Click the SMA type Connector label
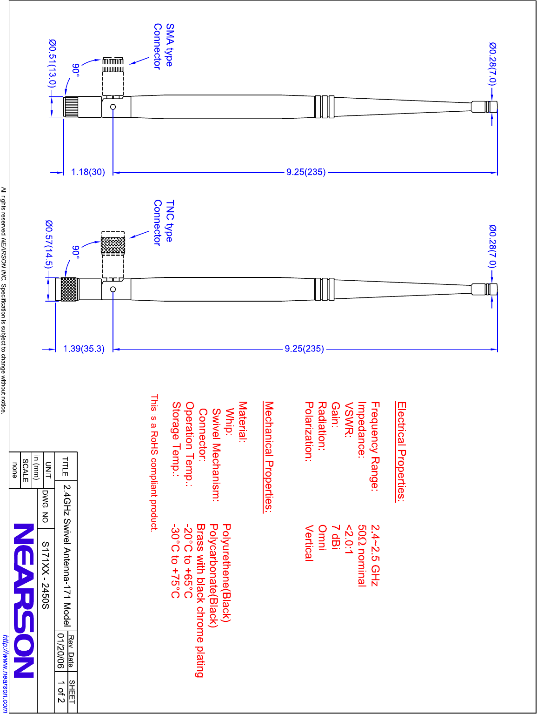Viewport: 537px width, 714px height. point(163,46)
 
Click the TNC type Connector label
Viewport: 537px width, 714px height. point(163,222)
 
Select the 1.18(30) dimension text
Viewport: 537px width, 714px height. point(88,172)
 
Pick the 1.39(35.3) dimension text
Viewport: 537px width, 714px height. point(84,349)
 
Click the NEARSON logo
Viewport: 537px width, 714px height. point(24,600)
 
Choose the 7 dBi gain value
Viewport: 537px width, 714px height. point(335,537)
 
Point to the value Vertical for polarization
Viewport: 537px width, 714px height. point(309,543)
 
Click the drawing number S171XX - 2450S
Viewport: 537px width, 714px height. point(45,575)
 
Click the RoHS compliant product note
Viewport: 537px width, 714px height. point(154,463)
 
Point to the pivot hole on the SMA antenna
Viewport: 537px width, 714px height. point(113,107)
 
